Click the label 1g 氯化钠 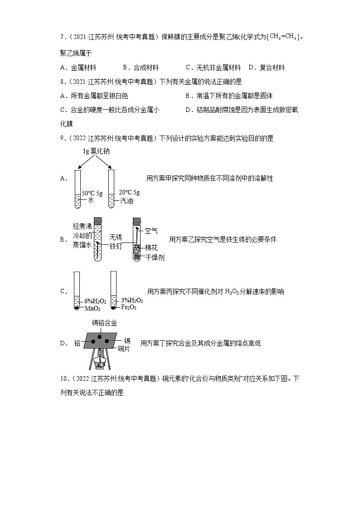(x=96, y=151)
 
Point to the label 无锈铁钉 (x=116, y=242)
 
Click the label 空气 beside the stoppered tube (x=151, y=231)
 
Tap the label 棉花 (x=152, y=247)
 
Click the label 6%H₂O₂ (x=95, y=301)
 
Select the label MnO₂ (x=92, y=308)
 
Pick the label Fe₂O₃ (x=129, y=307)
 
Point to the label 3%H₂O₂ (x=132, y=301)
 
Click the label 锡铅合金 (x=104, y=323)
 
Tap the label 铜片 (x=124, y=349)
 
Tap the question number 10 (x=63, y=378)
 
